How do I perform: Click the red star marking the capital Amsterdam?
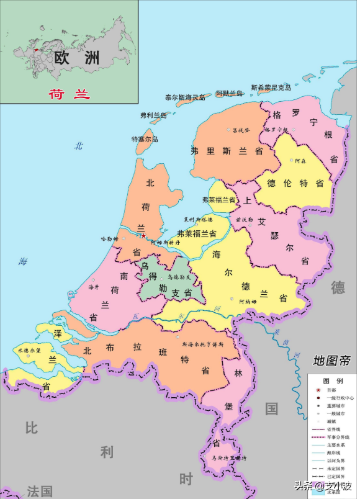144,235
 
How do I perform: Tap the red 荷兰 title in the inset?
70,94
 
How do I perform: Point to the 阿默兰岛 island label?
229,93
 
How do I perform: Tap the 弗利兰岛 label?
153,115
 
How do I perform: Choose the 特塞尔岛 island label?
145,140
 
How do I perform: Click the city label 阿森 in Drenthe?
300,161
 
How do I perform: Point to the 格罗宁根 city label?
276,130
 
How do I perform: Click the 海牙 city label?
94,287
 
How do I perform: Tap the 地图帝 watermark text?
331,361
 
